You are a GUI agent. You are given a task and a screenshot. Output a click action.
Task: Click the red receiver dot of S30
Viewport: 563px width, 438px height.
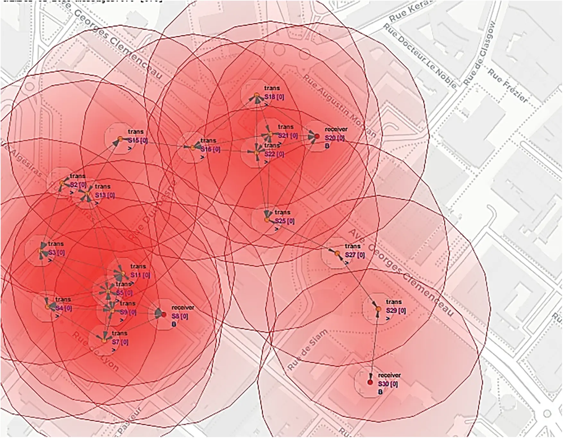(370, 382)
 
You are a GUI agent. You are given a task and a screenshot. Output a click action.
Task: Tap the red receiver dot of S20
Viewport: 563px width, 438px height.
(317, 136)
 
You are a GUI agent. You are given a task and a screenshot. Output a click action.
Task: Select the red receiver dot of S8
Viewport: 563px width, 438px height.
(164, 315)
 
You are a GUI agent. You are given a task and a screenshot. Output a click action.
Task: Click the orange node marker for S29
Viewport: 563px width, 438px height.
(379, 309)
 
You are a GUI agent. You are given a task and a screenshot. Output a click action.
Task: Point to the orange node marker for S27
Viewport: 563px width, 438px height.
(337, 253)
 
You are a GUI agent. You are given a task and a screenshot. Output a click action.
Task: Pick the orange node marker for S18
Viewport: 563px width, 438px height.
(256, 95)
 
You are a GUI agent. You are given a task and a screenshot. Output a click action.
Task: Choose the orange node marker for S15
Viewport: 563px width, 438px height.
(120, 139)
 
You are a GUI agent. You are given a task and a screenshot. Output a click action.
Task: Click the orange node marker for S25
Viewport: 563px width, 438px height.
(267, 220)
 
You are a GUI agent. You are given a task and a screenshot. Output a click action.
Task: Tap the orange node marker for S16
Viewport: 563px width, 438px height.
(192, 148)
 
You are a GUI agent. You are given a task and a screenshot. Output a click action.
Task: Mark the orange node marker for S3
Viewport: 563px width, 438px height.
(40, 251)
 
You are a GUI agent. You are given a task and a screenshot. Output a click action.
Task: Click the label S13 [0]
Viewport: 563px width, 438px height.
(105, 195)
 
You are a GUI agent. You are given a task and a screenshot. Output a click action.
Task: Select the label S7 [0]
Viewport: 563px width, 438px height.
(120, 342)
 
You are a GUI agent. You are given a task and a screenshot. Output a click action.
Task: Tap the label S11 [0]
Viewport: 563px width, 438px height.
(140, 275)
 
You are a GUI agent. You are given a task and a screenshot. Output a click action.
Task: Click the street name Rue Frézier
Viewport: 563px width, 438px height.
(508, 86)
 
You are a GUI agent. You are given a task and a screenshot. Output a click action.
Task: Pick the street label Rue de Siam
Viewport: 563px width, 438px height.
(308, 350)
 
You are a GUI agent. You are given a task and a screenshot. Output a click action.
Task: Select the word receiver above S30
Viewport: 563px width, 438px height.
(389, 375)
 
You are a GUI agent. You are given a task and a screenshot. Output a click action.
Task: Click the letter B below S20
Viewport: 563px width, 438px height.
(327, 146)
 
